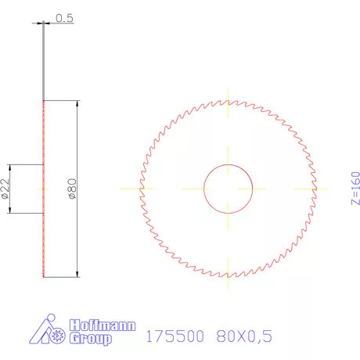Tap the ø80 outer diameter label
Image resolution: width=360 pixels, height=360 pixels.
(71, 189)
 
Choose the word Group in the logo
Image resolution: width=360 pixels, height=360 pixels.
(91, 339)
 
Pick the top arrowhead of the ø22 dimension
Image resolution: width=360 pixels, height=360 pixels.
(9, 167)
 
